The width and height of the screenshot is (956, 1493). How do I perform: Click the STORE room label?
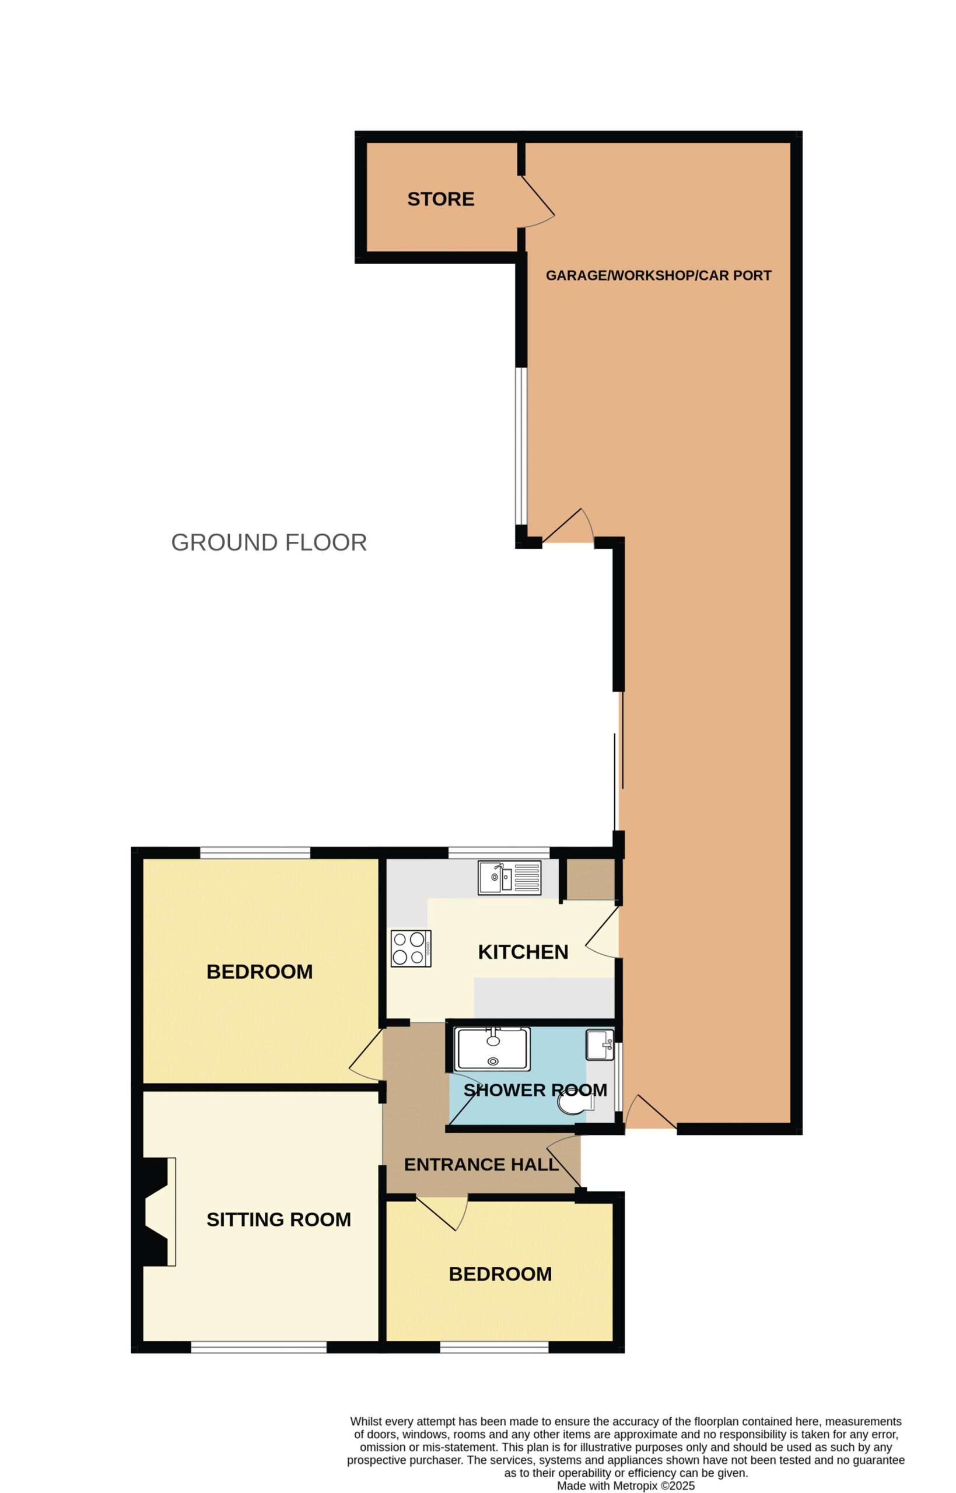coord(441,199)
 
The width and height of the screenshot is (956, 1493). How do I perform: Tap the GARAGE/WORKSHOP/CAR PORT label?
coord(659,275)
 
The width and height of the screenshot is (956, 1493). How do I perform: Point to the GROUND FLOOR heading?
coord(269,542)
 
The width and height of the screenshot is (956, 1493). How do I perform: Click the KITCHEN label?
coord(523,952)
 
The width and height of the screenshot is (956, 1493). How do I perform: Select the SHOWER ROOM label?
coord(535,1089)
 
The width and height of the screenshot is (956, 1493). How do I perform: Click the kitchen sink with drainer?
coord(509,878)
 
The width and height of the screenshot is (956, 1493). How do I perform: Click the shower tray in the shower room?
coord(492,1049)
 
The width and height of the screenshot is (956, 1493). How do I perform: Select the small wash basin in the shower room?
coord(600,1045)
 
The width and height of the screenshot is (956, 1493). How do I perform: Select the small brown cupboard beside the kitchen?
coord(590,879)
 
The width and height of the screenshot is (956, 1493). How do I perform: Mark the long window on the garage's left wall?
coord(521,447)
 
